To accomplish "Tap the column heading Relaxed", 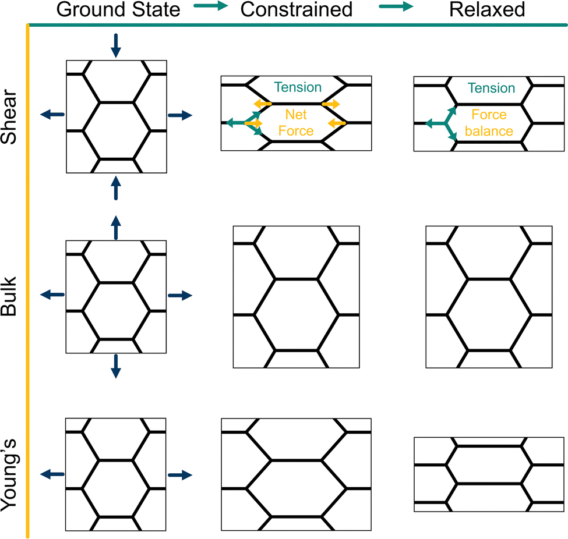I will point(482,10).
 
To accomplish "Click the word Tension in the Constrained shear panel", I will point(298,87).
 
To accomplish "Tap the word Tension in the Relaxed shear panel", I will point(492,88).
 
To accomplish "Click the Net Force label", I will point(296,123).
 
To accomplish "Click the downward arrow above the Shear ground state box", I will point(115,45).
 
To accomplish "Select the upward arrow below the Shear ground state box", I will point(115,187).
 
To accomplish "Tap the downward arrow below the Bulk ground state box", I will point(115,366).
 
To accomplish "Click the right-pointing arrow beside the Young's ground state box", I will point(179,475).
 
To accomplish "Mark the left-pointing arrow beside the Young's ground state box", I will point(52,475).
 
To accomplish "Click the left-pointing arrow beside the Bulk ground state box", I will point(52,295).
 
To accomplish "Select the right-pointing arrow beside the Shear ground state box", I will point(179,115).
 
